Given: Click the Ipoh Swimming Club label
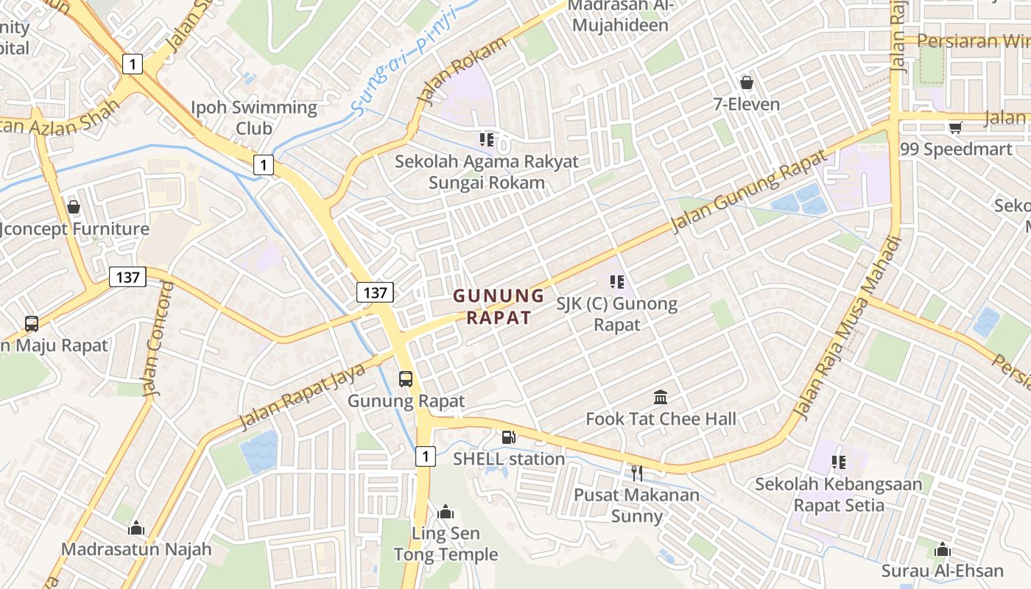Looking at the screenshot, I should point(254,118).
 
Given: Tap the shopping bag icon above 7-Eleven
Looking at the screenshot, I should point(747,82).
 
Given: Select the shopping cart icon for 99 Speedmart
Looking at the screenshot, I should point(956,127).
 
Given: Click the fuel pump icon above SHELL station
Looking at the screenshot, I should point(508,437).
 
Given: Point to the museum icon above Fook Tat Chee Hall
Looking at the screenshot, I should point(661,397).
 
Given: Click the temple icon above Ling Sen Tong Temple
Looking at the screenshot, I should point(446,512).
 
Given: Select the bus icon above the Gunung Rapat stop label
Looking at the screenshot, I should point(406,379).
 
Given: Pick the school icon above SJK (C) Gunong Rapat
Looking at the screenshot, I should point(617,281).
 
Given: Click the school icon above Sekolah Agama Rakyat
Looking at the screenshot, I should point(486,139).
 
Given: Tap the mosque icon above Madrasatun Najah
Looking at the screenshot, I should point(136,528).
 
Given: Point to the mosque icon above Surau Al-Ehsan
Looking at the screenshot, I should point(943,549).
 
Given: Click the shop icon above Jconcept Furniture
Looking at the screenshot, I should point(73,207).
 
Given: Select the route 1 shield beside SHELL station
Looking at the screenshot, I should point(425,457).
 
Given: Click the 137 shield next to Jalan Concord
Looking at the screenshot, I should point(127,277).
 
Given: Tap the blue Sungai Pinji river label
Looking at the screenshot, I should point(403,61).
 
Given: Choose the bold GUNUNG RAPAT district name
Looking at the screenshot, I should point(499,307).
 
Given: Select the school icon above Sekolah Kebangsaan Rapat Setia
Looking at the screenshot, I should point(838,462).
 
